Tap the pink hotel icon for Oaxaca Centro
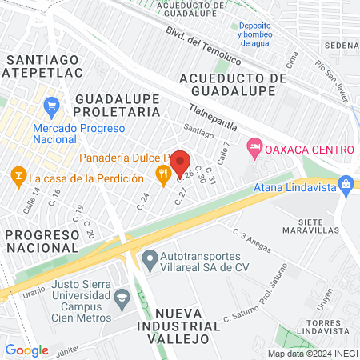click(255, 145)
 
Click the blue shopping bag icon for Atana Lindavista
click(346, 183)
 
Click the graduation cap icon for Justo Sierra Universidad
click(122, 300)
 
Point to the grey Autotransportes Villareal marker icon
click(149, 258)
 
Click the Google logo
click(26, 350)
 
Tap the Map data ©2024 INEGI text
click(312, 354)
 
